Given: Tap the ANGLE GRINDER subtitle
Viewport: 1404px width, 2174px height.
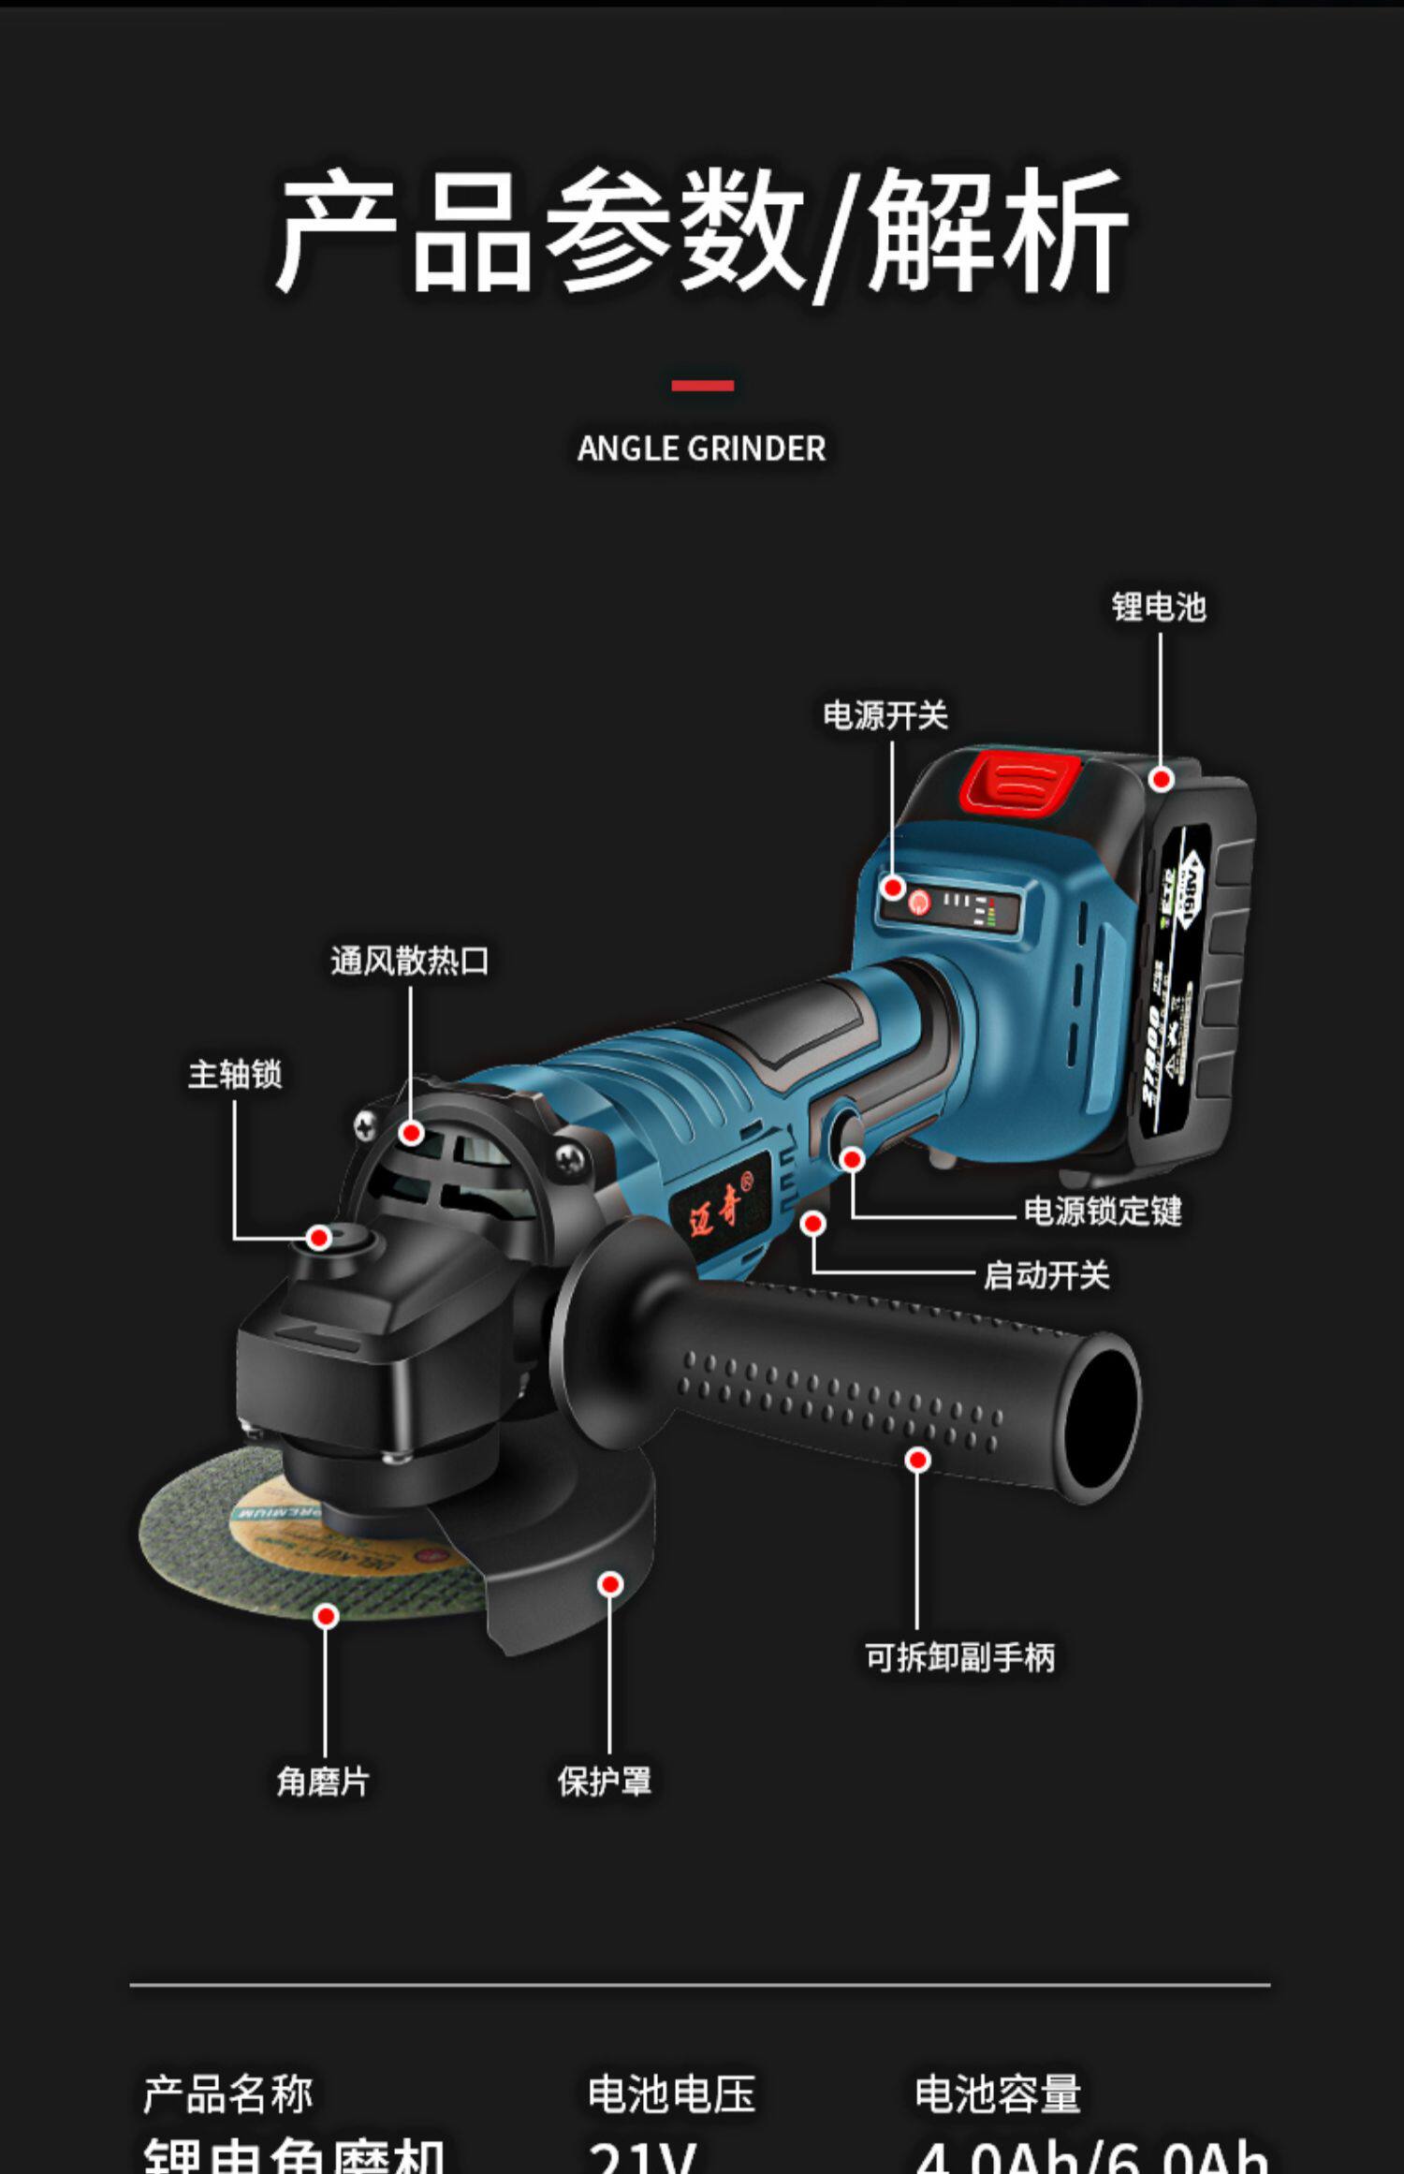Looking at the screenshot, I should (x=702, y=448).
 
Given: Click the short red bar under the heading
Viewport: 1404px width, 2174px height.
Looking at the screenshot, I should (x=702, y=386).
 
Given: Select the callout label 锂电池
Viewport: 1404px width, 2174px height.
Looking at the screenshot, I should (x=1159, y=607).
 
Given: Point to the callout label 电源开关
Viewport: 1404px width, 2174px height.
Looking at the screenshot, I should (x=885, y=715).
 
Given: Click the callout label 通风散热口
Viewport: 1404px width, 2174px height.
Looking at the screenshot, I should (x=410, y=961).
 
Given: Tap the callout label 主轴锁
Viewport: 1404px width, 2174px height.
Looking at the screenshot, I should (x=235, y=1074).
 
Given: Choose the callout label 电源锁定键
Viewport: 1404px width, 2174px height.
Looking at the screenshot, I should (x=1103, y=1212).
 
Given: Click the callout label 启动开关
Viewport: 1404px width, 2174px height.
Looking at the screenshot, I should (x=1046, y=1275).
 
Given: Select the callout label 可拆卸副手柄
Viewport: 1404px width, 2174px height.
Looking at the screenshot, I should (x=959, y=1657).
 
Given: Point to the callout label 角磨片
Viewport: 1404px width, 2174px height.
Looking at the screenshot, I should (x=323, y=1781).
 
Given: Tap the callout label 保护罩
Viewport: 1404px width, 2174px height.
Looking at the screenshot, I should (x=605, y=1781).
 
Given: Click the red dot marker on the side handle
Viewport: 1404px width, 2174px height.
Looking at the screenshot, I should (x=918, y=1460).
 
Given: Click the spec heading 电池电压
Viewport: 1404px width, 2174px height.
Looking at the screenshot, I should (x=671, y=2093).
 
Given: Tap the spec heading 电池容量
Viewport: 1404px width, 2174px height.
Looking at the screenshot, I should (x=998, y=2093).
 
